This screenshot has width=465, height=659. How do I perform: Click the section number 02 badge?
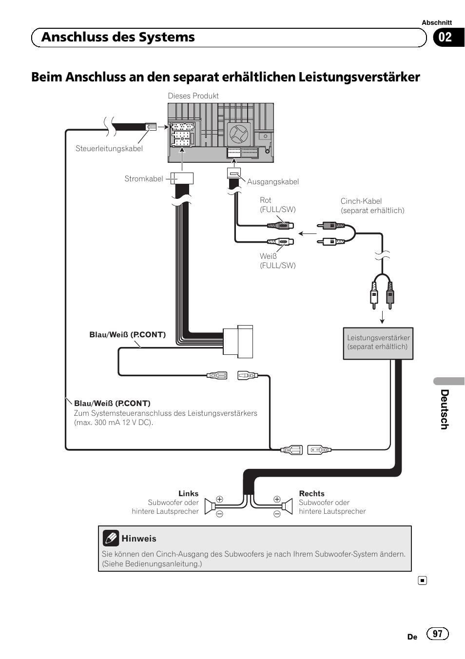[446, 38]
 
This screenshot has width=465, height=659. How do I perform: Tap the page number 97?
[437, 633]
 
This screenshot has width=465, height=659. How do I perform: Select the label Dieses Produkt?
[193, 96]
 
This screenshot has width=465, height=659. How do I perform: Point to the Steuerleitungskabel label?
[109, 149]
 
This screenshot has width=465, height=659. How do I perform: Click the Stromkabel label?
[143, 179]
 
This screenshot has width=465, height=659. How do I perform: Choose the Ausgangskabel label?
[272, 182]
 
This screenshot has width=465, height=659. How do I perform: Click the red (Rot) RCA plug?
[281, 226]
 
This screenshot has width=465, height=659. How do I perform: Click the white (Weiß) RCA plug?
[281, 241]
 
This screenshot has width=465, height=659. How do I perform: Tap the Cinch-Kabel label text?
[361, 201]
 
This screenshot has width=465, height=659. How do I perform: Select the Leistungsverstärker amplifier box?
[378, 343]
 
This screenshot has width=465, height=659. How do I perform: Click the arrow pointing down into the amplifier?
[383, 317]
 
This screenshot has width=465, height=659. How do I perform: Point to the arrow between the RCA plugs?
[307, 233]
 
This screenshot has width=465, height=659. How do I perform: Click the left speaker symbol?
[210, 507]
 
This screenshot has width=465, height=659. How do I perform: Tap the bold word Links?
[188, 493]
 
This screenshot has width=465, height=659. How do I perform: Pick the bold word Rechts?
[311, 493]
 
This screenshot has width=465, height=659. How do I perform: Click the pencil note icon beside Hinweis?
[111, 538]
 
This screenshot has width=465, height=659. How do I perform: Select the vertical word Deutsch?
[444, 409]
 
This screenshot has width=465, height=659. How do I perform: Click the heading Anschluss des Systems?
[118, 38]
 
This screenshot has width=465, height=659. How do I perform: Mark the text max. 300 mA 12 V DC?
[113, 423]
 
